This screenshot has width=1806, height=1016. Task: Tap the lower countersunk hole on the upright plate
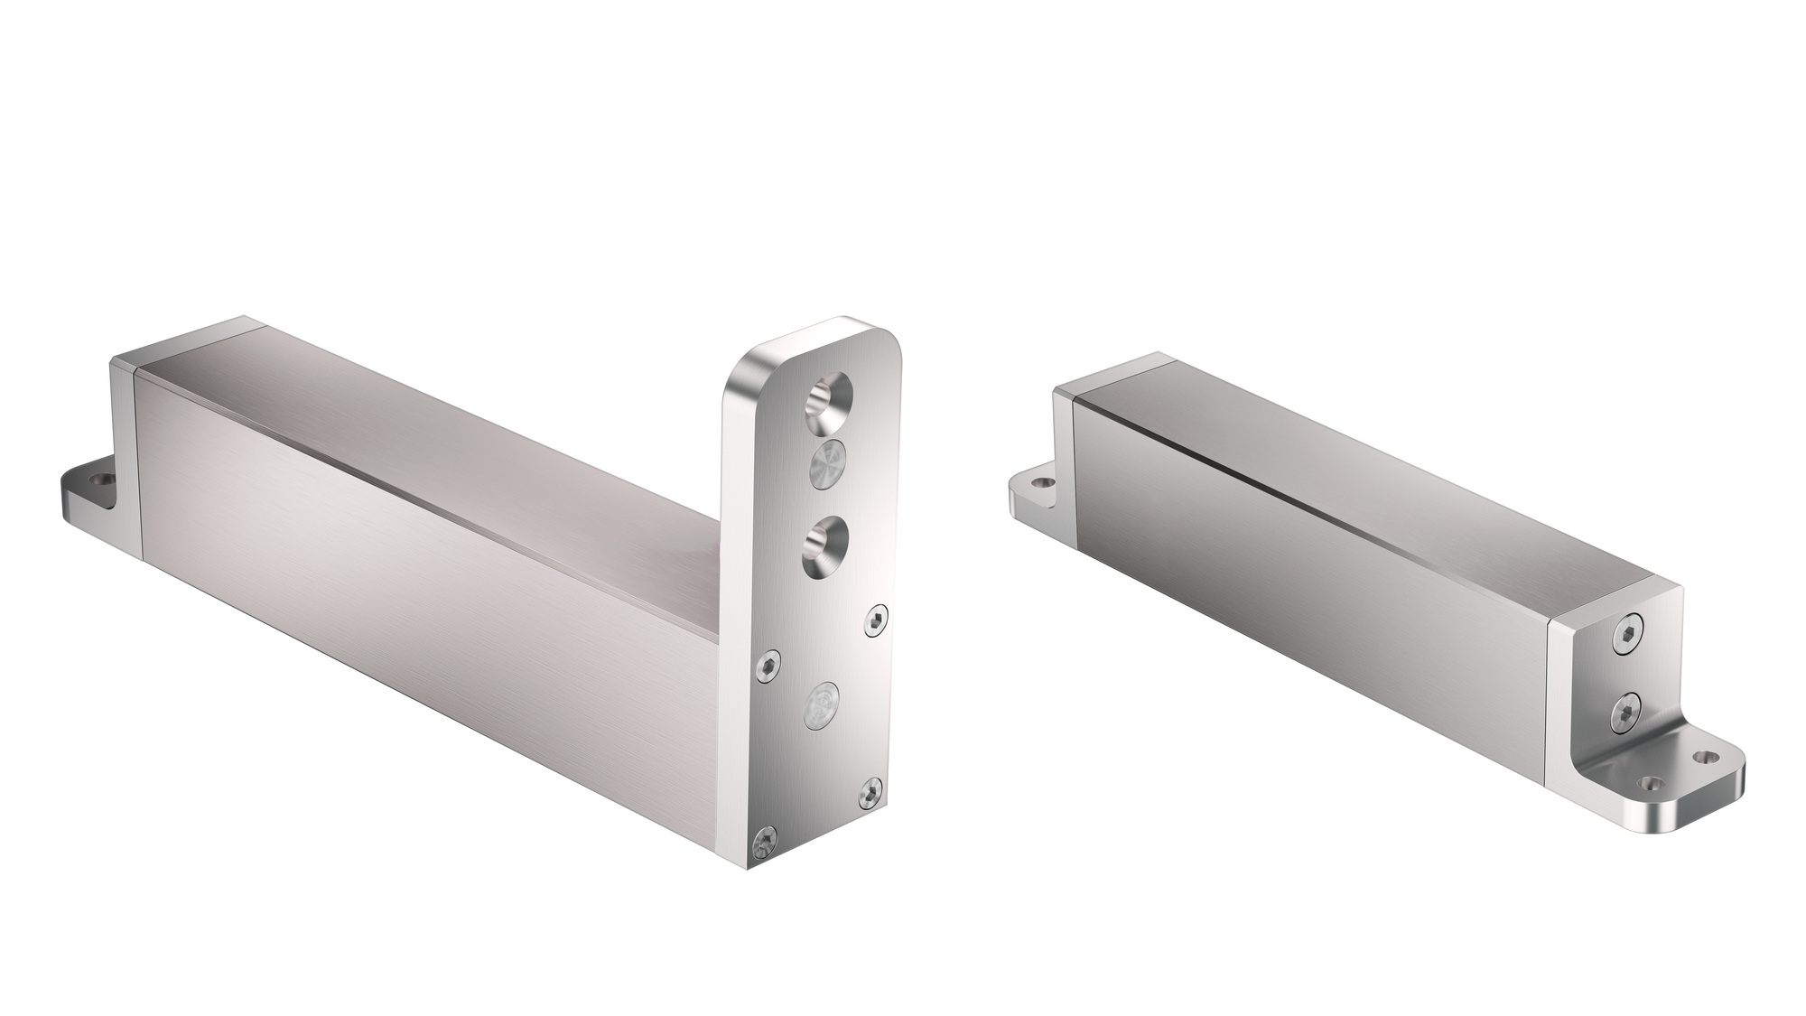(x=824, y=544)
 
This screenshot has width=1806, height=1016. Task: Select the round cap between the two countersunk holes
(x=825, y=470)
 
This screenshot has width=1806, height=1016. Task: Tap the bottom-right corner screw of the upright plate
(x=870, y=791)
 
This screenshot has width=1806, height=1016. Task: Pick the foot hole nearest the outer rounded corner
(x=1704, y=756)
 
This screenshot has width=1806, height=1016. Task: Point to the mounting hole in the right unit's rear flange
(x=1040, y=484)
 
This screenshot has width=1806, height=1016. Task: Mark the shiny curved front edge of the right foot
(x=1698, y=809)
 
